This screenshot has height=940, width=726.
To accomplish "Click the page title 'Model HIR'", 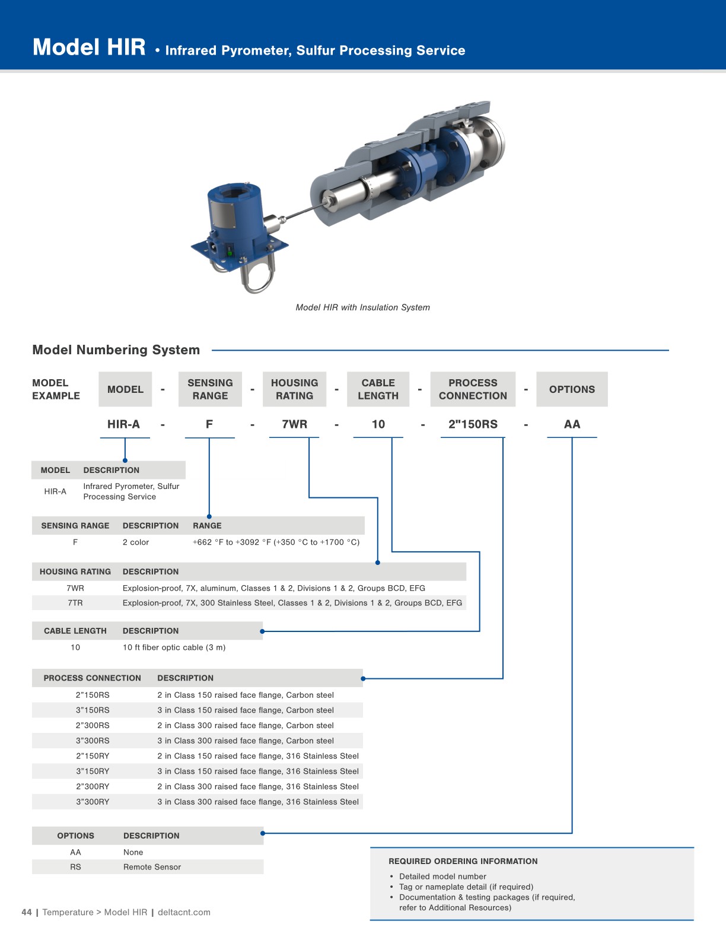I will tap(89, 47).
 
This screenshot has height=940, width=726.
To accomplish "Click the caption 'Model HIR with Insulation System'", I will tap(362, 307).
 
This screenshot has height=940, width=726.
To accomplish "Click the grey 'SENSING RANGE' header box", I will tap(210, 389).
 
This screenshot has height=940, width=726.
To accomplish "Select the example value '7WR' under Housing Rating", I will tap(294, 424).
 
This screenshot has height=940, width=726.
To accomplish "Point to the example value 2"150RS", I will tap(473, 424).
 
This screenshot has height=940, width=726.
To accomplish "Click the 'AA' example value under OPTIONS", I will tap(572, 424).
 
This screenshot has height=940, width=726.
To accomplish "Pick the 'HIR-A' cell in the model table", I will tap(55, 491).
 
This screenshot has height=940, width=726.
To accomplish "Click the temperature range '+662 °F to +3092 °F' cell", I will tap(276, 542).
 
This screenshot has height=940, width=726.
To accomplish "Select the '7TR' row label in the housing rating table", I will tap(75, 603).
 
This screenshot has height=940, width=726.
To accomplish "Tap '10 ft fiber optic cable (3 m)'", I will tap(174, 647).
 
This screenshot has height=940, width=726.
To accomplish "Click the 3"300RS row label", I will tap(93, 741).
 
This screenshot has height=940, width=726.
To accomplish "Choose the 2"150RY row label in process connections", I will tap(93, 756).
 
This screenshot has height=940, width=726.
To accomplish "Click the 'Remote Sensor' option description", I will tap(152, 867).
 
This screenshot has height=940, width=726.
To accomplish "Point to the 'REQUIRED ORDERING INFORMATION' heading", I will tap(463, 861).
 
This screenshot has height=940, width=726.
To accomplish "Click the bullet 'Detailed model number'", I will tap(442, 877).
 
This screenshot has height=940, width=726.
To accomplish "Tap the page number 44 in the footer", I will tap(27, 912).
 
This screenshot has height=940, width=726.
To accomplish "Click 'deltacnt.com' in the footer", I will tap(184, 912).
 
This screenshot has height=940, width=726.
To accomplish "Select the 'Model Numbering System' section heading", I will tap(116, 350).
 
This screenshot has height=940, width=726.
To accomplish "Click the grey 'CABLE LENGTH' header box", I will tap(378, 389).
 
